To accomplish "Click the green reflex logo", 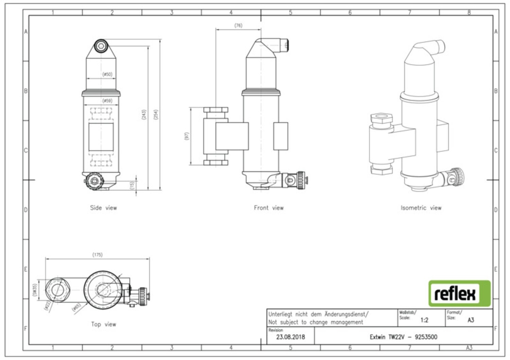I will [x=459, y=293].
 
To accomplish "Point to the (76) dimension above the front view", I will [x=238, y=26].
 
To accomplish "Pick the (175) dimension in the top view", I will [x=97, y=255].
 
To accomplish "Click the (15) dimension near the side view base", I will [x=132, y=185].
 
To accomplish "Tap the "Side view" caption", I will [x=103, y=208].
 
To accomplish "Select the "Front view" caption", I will [x=269, y=208].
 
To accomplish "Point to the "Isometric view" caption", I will [x=421, y=208].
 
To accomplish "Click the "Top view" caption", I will [x=103, y=324].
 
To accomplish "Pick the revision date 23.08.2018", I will [x=290, y=337].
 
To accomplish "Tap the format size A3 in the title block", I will [x=470, y=319].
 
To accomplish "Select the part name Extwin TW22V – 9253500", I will [x=404, y=337].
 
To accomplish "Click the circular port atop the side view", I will [x=101, y=46].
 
